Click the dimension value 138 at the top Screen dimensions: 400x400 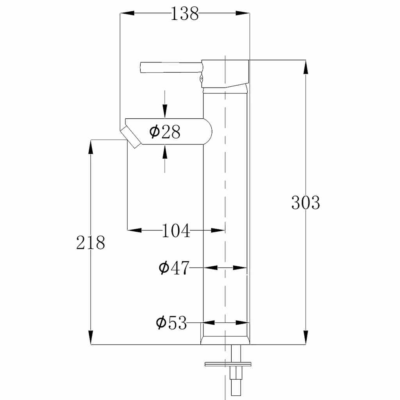tap(185, 14)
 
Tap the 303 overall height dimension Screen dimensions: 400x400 tap(305, 203)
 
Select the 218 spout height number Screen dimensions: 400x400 tap(91, 243)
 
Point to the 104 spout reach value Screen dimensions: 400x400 tap(176, 231)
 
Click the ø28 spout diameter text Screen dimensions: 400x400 tap(165, 132)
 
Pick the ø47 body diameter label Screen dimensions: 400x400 tap(174, 268)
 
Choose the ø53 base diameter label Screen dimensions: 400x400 tap(171, 323)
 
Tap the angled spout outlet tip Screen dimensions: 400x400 tap(131, 137)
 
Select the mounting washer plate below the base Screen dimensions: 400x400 tap(228, 364)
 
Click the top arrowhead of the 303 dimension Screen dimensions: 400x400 tap(305, 66)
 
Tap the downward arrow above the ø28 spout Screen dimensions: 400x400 tap(165, 111)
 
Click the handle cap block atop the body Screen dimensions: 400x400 tap(226, 73)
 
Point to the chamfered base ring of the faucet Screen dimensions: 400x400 tap(225, 340)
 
